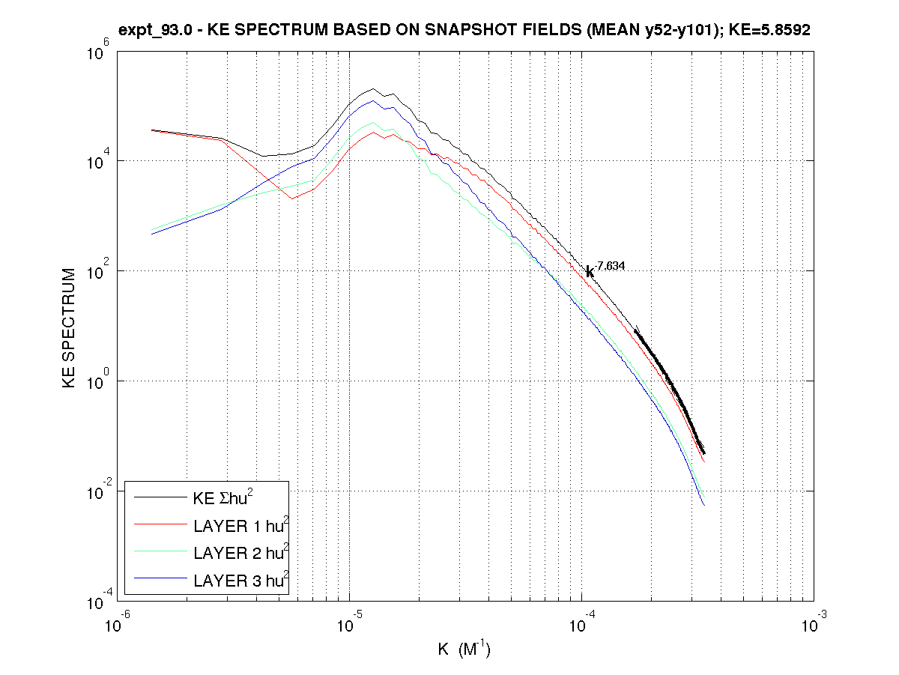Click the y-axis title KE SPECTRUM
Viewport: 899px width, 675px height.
point(70,328)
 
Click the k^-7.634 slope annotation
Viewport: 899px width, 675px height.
point(605,269)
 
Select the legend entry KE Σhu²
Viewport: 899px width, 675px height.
point(224,497)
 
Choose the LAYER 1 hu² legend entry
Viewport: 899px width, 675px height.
point(240,525)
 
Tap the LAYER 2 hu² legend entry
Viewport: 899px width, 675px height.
point(240,553)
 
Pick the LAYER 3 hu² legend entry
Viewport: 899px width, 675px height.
point(240,580)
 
